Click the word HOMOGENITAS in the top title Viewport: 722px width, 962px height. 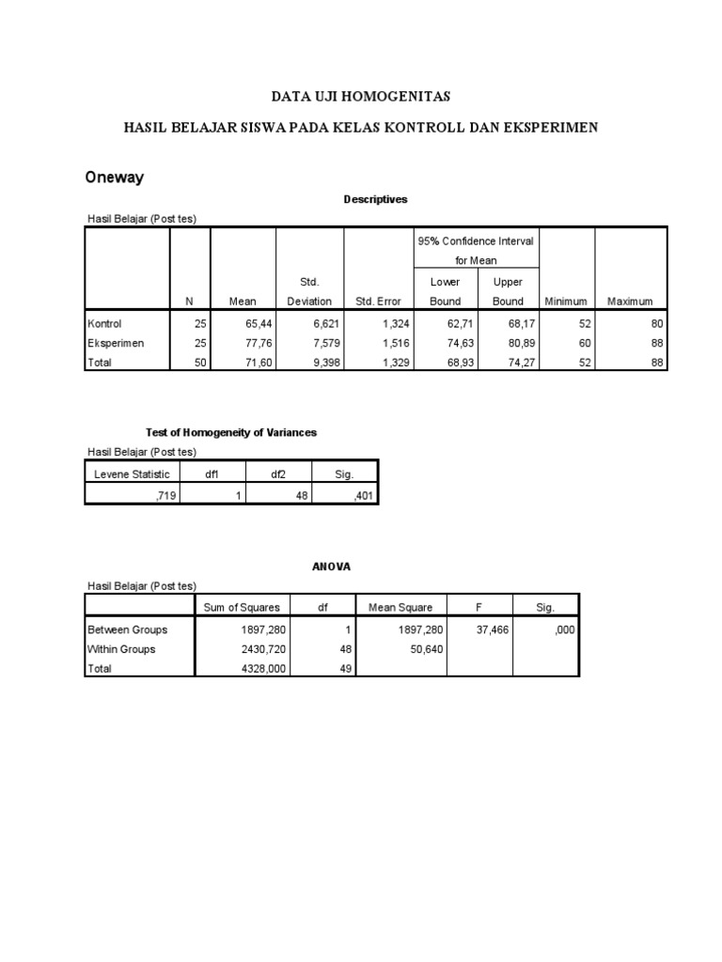click(x=399, y=96)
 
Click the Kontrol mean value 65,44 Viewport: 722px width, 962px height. click(x=257, y=323)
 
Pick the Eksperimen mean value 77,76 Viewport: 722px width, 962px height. click(x=257, y=343)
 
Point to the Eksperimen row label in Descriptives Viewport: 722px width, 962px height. click(x=116, y=343)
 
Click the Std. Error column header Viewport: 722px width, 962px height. click(x=379, y=302)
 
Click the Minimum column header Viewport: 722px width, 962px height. click(x=565, y=302)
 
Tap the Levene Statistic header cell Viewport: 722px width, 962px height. click(x=131, y=474)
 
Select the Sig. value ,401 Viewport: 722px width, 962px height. click(x=362, y=494)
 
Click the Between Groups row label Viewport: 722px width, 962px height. click(x=126, y=629)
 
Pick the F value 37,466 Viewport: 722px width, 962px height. click(x=492, y=629)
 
